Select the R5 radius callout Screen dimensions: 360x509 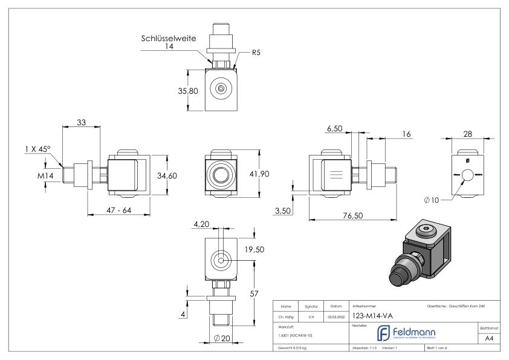pos(257,53)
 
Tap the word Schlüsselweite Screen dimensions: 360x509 pos(169,38)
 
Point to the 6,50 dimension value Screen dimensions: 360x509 pos(336,129)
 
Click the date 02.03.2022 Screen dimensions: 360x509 pos(336,316)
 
